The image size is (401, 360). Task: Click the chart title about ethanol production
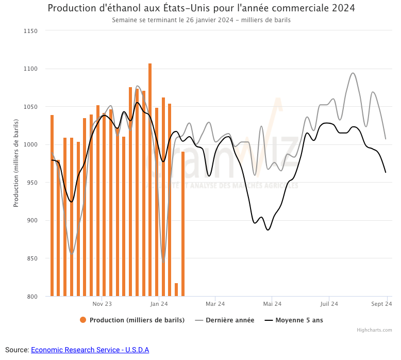pos(201,8)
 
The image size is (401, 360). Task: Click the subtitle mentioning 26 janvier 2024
pos(201,20)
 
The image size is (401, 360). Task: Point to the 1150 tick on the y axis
pos(31,31)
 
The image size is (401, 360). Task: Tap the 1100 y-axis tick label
pos(31,69)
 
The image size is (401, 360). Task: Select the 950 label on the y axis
pos(32,183)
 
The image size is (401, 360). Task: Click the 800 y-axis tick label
pos(32,297)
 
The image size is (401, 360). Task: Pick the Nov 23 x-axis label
pos(102,304)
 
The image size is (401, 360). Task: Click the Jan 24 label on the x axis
pos(159,304)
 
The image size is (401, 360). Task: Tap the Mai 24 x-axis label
pos(272,304)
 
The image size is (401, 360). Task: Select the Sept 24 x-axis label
pos(382,304)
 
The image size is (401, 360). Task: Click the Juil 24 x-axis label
pos(329,304)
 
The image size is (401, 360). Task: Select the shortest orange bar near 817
pos(176,290)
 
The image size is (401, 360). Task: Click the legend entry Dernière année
pos(230,320)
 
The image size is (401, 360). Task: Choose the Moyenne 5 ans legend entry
pos(299,320)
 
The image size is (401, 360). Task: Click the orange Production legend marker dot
pos(83,320)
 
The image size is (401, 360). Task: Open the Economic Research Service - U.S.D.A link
pos(90,350)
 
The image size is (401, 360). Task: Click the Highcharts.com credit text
pos(374,330)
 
